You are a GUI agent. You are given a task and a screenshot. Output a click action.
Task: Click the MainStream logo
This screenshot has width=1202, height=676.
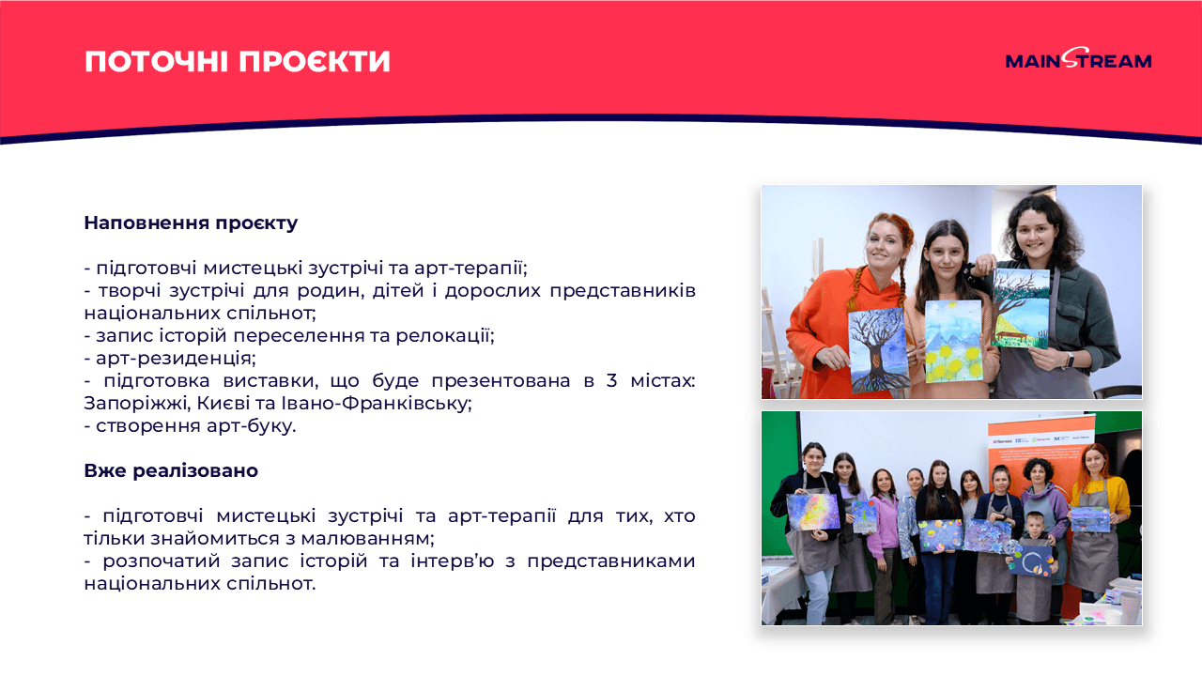point(1078,60)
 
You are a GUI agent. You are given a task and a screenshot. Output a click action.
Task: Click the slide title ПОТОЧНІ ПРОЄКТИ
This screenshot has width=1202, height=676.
point(238,61)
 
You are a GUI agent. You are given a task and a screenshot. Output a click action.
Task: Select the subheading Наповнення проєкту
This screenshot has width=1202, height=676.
point(191,223)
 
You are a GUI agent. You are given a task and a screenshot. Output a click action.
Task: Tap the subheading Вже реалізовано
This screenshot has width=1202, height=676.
point(171,470)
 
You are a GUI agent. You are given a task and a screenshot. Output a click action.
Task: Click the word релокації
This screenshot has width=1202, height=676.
point(446,335)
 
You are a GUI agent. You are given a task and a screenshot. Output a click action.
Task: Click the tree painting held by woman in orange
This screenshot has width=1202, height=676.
point(878,350)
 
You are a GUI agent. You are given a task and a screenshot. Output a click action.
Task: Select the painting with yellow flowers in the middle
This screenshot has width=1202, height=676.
point(953,341)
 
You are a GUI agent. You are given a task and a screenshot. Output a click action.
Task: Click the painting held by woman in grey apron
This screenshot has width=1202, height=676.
point(1021,307)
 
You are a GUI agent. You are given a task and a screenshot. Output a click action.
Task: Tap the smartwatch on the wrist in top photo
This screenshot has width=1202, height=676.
point(1068,359)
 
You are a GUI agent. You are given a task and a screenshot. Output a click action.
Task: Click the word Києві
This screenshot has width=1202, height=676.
point(225,403)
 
